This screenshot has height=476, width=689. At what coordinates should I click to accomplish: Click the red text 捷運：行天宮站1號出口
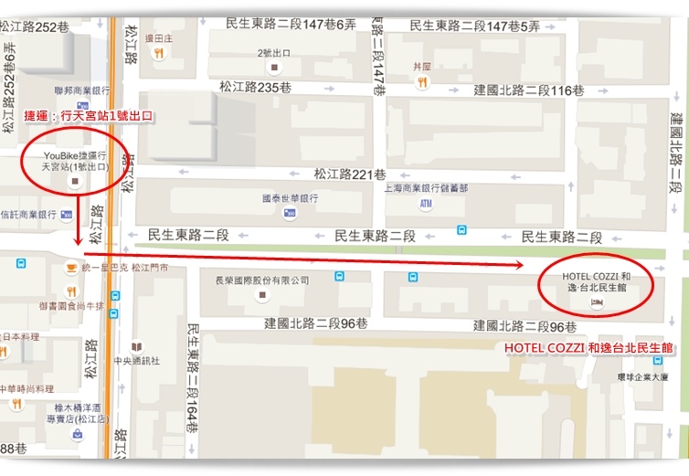click(87, 117)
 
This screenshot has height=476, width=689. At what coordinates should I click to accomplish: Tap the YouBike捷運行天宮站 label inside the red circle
click(75, 162)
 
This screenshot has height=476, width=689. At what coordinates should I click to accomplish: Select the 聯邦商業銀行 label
click(82, 90)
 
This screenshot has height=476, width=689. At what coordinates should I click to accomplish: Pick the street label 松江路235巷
click(255, 87)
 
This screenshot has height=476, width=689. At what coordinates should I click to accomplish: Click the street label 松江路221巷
click(349, 174)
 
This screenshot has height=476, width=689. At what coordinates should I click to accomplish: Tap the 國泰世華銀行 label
click(290, 197)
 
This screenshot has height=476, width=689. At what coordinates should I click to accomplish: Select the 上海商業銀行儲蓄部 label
click(426, 188)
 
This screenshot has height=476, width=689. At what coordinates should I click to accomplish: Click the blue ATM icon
click(426, 205)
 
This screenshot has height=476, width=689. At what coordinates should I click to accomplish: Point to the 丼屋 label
click(421, 66)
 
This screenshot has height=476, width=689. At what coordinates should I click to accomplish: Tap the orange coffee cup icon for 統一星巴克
click(70, 268)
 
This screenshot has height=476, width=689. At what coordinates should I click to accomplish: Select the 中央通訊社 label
click(137, 360)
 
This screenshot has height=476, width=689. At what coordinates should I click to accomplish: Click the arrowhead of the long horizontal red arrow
click(518, 266)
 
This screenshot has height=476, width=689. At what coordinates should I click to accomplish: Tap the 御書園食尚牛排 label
click(71, 306)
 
